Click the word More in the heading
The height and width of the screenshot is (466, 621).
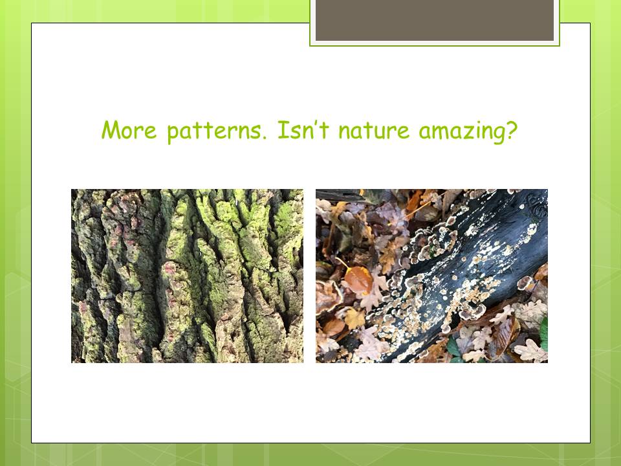pyautogui.click(x=129, y=130)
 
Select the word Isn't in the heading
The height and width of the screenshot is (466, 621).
pyautogui.click(x=303, y=129)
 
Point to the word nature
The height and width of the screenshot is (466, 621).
pyautogui.click(x=374, y=131)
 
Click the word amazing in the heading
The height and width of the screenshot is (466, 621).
pyautogui.click(x=462, y=132)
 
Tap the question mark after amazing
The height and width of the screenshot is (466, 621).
pyautogui.click(x=512, y=130)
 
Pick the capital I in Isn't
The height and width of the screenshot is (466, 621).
pyautogui.click(x=283, y=130)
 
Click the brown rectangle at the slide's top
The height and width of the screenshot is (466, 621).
pyautogui.click(x=435, y=20)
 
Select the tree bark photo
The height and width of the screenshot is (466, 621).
pyautogui.click(x=187, y=276)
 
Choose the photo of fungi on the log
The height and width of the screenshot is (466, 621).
pyautogui.click(x=431, y=276)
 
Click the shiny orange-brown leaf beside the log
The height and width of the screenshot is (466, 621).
pyautogui.click(x=358, y=280)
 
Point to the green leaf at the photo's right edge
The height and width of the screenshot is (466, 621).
pyautogui.click(x=544, y=333)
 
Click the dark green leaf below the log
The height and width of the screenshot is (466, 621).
pyautogui.click(x=453, y=347)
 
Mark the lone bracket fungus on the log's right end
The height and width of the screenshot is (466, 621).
pyautogui.click(x=525, y=283)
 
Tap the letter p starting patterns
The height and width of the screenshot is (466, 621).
pyautogui.click(x=173, y=134)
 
